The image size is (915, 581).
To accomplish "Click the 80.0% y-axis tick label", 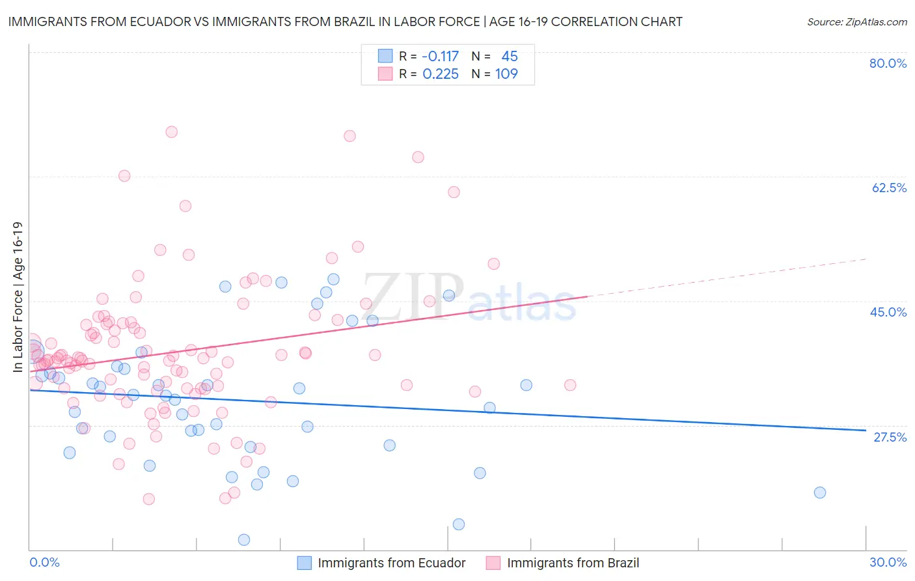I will pos(888,63).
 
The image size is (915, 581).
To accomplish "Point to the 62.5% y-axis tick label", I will pos(888,188).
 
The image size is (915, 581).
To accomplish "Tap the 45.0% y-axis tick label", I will pos(888,312).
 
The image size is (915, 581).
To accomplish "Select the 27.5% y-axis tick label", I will pos(889,437).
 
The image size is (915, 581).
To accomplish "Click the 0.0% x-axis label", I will pos(44,562).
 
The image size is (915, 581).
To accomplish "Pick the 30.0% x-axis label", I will pos(888,562).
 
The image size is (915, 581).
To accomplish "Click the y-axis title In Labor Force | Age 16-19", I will pos(18,297).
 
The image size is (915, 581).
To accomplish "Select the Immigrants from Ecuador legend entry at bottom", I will pos(382,563).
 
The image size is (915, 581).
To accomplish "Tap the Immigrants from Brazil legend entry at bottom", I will pos(563,563).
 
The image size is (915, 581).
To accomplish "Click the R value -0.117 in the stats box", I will pos(441,57).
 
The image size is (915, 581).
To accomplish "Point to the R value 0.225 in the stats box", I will pos(441,74).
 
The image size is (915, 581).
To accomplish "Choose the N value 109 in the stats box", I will pos(506,74).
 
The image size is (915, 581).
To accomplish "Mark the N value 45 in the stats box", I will pos(510,57).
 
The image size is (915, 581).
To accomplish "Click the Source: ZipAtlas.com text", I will pos(856,21).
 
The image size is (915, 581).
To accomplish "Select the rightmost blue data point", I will pos(820,492).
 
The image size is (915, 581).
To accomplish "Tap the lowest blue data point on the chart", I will pos(244,539).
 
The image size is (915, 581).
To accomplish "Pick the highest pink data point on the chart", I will pos(172,132).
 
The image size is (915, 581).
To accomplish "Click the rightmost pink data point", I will pos(570,385).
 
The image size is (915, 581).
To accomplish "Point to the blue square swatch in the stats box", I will pos(385,57).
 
